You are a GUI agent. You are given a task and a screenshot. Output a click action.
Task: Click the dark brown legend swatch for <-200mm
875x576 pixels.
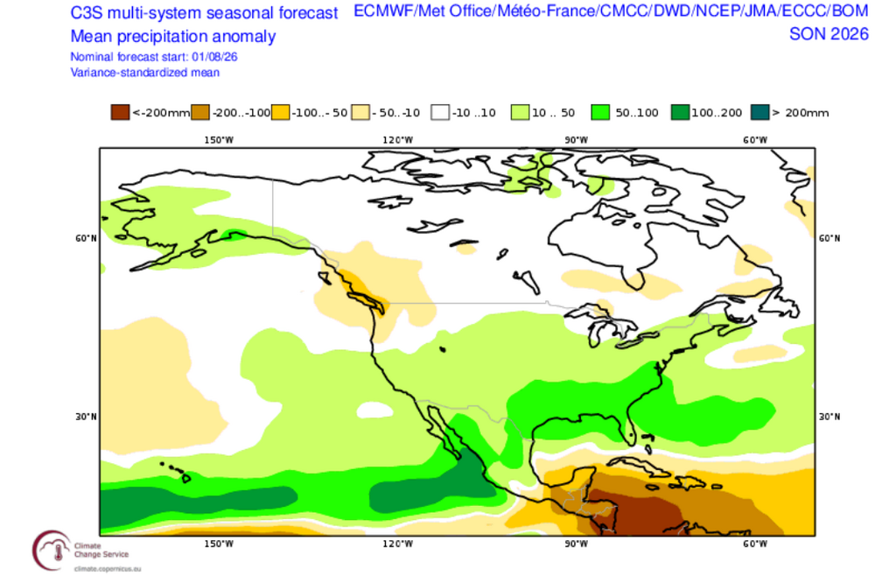120,112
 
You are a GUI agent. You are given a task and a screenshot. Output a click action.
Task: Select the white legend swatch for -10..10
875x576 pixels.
440,112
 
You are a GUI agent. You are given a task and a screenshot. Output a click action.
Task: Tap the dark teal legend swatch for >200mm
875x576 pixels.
760,112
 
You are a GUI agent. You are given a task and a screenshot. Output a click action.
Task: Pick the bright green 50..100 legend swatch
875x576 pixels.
600,112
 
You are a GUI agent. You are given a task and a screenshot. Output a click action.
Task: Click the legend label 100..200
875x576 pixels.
717,113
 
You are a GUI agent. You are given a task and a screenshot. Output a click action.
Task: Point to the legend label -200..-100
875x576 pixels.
241,113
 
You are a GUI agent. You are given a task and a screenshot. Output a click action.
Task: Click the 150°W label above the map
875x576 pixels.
219,140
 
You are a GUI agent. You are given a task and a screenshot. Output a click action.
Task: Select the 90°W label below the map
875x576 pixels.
576,544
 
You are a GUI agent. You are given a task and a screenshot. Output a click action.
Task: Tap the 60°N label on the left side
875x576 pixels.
86,238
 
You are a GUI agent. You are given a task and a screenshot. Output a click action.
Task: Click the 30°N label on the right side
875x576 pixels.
829,417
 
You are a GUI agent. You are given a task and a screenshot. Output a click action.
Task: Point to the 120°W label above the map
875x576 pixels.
398,140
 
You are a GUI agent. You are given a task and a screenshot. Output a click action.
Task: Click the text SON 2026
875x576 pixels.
829,34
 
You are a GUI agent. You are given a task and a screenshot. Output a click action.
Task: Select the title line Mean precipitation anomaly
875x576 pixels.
173,36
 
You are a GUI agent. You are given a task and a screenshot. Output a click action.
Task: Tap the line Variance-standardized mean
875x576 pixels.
145,73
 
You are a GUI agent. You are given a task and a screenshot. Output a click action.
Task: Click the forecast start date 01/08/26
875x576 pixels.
215,57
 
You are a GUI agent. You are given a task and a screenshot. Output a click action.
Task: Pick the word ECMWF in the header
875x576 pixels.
383,11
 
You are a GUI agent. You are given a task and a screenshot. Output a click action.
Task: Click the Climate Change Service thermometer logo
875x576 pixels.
53,551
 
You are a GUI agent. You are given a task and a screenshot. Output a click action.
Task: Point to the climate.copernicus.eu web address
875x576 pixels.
107,569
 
